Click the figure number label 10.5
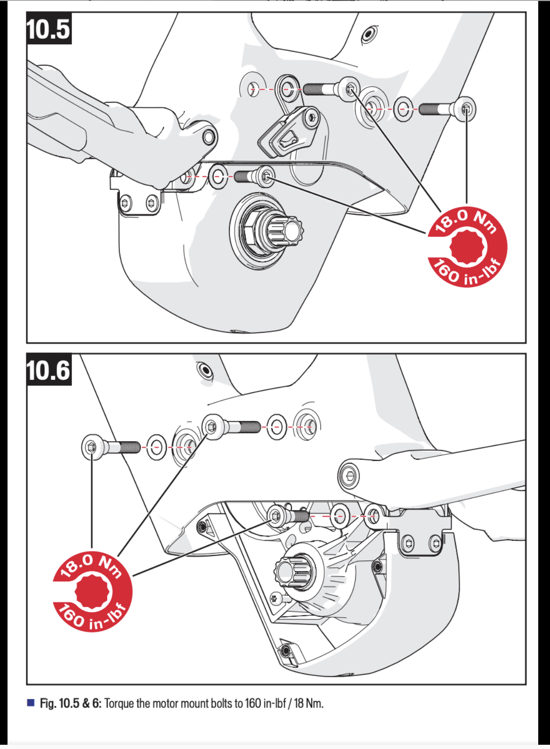tap(48, 29)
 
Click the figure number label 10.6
tap(48, 370)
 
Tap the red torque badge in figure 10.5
tap(468, 247)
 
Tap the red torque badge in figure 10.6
tap(93, 591)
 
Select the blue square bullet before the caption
tap(31, 703)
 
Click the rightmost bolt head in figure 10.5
tap(466, 109)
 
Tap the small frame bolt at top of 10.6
tap(205, 370)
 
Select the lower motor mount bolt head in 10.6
tap(276, 516)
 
